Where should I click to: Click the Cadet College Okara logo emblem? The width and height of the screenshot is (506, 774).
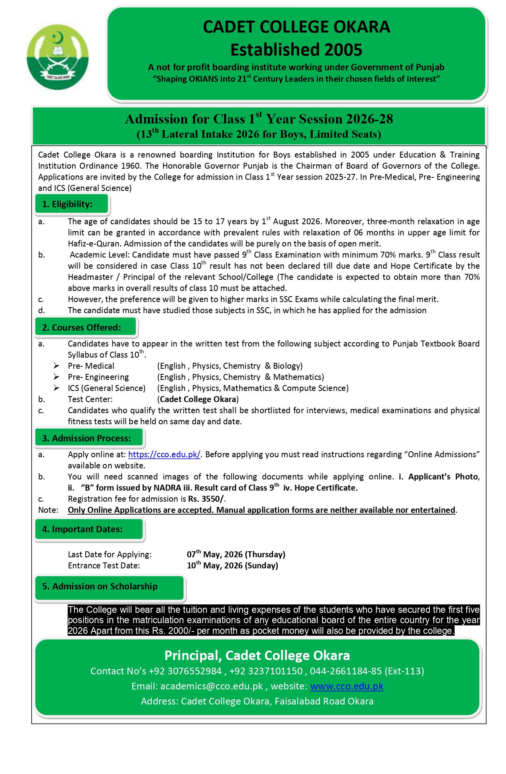click(58, 57)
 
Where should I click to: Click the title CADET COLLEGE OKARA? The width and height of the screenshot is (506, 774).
click(296, 27)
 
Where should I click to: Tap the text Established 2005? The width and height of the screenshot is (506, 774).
click(296, 50)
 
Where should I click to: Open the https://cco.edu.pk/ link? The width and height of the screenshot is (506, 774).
click(164, 454)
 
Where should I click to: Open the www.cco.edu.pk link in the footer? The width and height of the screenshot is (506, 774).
click(346, 686)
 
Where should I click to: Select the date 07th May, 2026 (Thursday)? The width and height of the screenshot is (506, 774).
click(236, 554)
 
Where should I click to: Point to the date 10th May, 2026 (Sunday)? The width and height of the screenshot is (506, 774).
click(232, 565)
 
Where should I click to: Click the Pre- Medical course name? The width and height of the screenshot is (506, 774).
click(91, 366)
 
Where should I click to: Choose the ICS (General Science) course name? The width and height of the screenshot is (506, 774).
click(106, 388)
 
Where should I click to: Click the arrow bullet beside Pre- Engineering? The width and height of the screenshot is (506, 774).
click(57, 377)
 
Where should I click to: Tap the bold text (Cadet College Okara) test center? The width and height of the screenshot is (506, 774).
click(198, 399)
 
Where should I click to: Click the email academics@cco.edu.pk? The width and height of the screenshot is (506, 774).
click(212, 686)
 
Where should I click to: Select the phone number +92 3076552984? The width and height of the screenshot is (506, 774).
click(185, 671)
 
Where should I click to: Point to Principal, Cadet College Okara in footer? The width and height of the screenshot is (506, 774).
click(257, 655)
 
